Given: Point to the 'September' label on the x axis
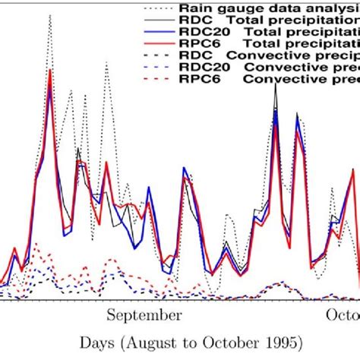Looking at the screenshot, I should coord(144,314).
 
